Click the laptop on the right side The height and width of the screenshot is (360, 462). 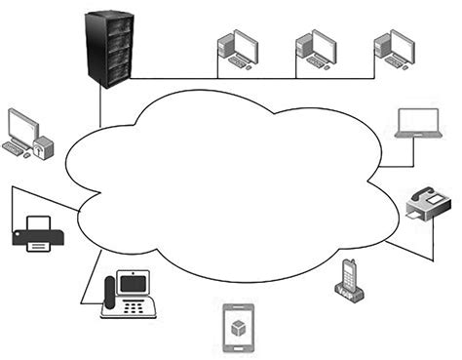click(422, 124)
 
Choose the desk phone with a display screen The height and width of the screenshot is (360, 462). click(131, 294)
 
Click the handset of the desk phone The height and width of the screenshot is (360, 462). click(109, 293)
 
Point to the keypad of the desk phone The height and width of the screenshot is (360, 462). click(139, 308)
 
